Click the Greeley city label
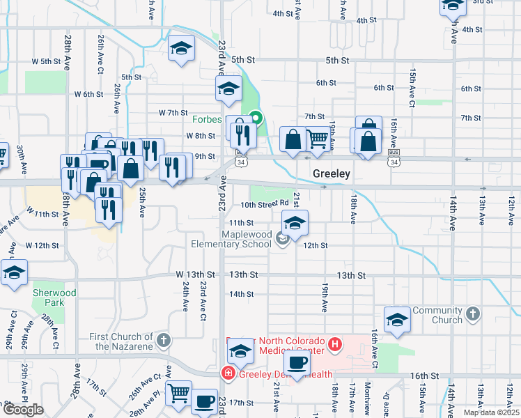330,173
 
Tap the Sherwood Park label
54,298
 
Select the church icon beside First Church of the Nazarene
163,341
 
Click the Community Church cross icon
473,313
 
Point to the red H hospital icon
335,343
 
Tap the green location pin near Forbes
256,118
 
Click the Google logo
23,410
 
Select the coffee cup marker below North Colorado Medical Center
297,362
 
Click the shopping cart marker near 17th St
179,393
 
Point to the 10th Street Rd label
265,205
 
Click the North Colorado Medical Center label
292,345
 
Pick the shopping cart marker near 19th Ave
318,139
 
